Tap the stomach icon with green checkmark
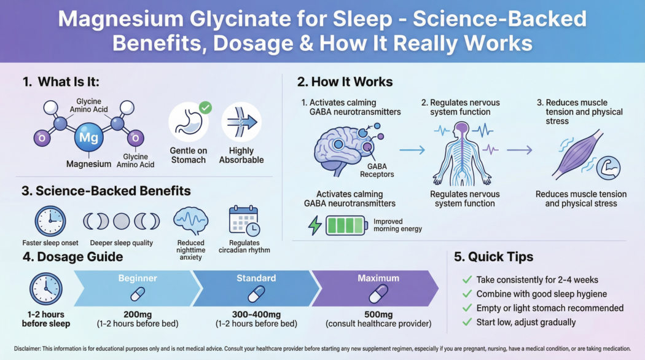pos(189,122)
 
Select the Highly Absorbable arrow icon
pos(241,122)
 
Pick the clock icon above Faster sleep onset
pos(50,221)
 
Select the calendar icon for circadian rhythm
pos(244,221)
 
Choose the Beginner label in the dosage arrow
pos(138,278)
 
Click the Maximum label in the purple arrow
pos(378,278)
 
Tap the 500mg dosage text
pos(378,314)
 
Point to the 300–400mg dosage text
pos(256,314)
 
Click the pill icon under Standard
pos(256,295)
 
